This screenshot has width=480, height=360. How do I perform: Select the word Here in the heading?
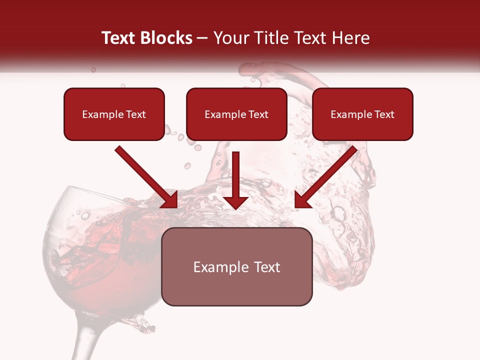350,38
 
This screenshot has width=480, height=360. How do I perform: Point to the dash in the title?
203,38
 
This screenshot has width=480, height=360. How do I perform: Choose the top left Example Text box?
114,114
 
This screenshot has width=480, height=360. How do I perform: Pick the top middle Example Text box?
236,114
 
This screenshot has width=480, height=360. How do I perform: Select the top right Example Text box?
362,114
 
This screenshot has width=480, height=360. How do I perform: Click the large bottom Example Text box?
236,266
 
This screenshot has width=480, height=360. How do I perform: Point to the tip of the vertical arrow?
236,207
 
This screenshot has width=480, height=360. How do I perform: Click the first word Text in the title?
119,38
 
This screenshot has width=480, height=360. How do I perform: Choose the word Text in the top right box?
384,114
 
